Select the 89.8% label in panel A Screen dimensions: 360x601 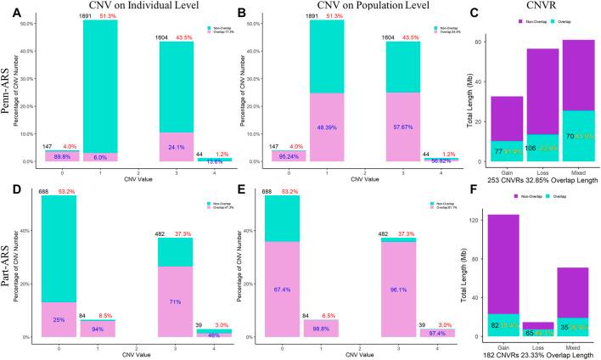coord(57,156)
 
